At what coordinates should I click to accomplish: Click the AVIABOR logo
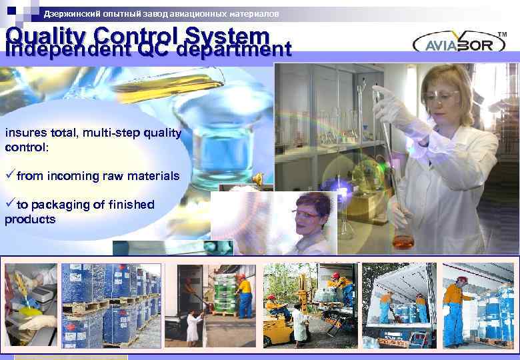[459, 43]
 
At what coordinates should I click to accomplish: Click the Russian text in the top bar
[161, 13]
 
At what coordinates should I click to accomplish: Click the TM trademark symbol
[502, 34]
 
